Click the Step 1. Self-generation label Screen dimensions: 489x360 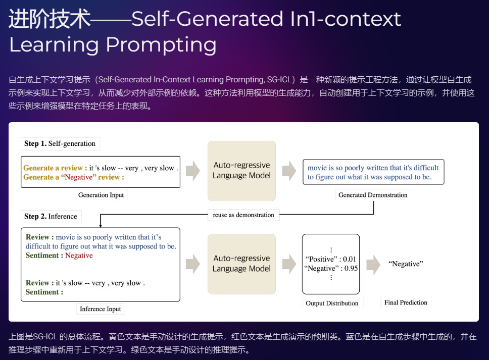click(60, 143)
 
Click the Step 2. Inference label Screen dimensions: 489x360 click(51, 216)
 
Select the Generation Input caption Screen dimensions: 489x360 click(101, 195)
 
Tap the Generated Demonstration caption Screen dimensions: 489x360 click(373, 195)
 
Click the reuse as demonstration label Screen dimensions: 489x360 click(243, 215)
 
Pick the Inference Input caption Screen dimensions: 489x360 click(101, 309)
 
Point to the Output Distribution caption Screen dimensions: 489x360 click(332, 303)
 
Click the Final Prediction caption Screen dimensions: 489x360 click(406, 302)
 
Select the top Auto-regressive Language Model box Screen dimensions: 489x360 click(241, 171)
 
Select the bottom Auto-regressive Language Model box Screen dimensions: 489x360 click(241, 264)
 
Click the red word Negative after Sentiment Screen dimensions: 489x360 click(79, 255)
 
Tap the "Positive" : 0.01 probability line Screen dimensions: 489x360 click(331, 260)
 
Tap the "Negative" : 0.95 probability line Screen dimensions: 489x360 click(331, 269)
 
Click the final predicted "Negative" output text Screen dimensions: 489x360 click(406, 264)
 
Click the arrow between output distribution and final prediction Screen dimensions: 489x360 click(373, 265)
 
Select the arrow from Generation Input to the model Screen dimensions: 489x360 click(193, 171)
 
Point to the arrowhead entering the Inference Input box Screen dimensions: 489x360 click(101, 225)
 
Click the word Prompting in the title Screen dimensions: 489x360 click(161, 44)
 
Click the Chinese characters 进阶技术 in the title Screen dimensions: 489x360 click(50, 19)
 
